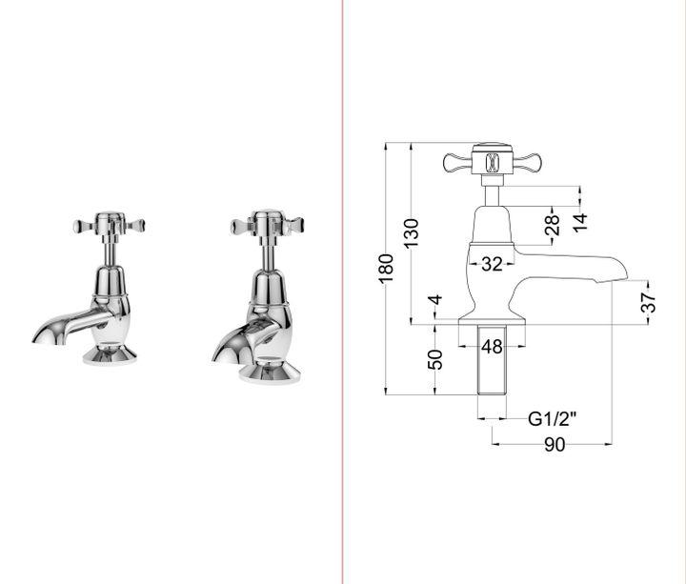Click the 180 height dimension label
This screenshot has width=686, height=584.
click(386, 268)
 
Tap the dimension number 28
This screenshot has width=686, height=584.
click(552, 228)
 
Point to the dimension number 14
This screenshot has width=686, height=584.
click(580, 221)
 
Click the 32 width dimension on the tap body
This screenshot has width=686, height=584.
click(492, 264)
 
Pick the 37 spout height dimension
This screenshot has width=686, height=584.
click(649, 303)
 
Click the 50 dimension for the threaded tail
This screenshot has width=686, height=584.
click(435, 359)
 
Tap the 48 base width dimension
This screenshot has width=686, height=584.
click(492, 347)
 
